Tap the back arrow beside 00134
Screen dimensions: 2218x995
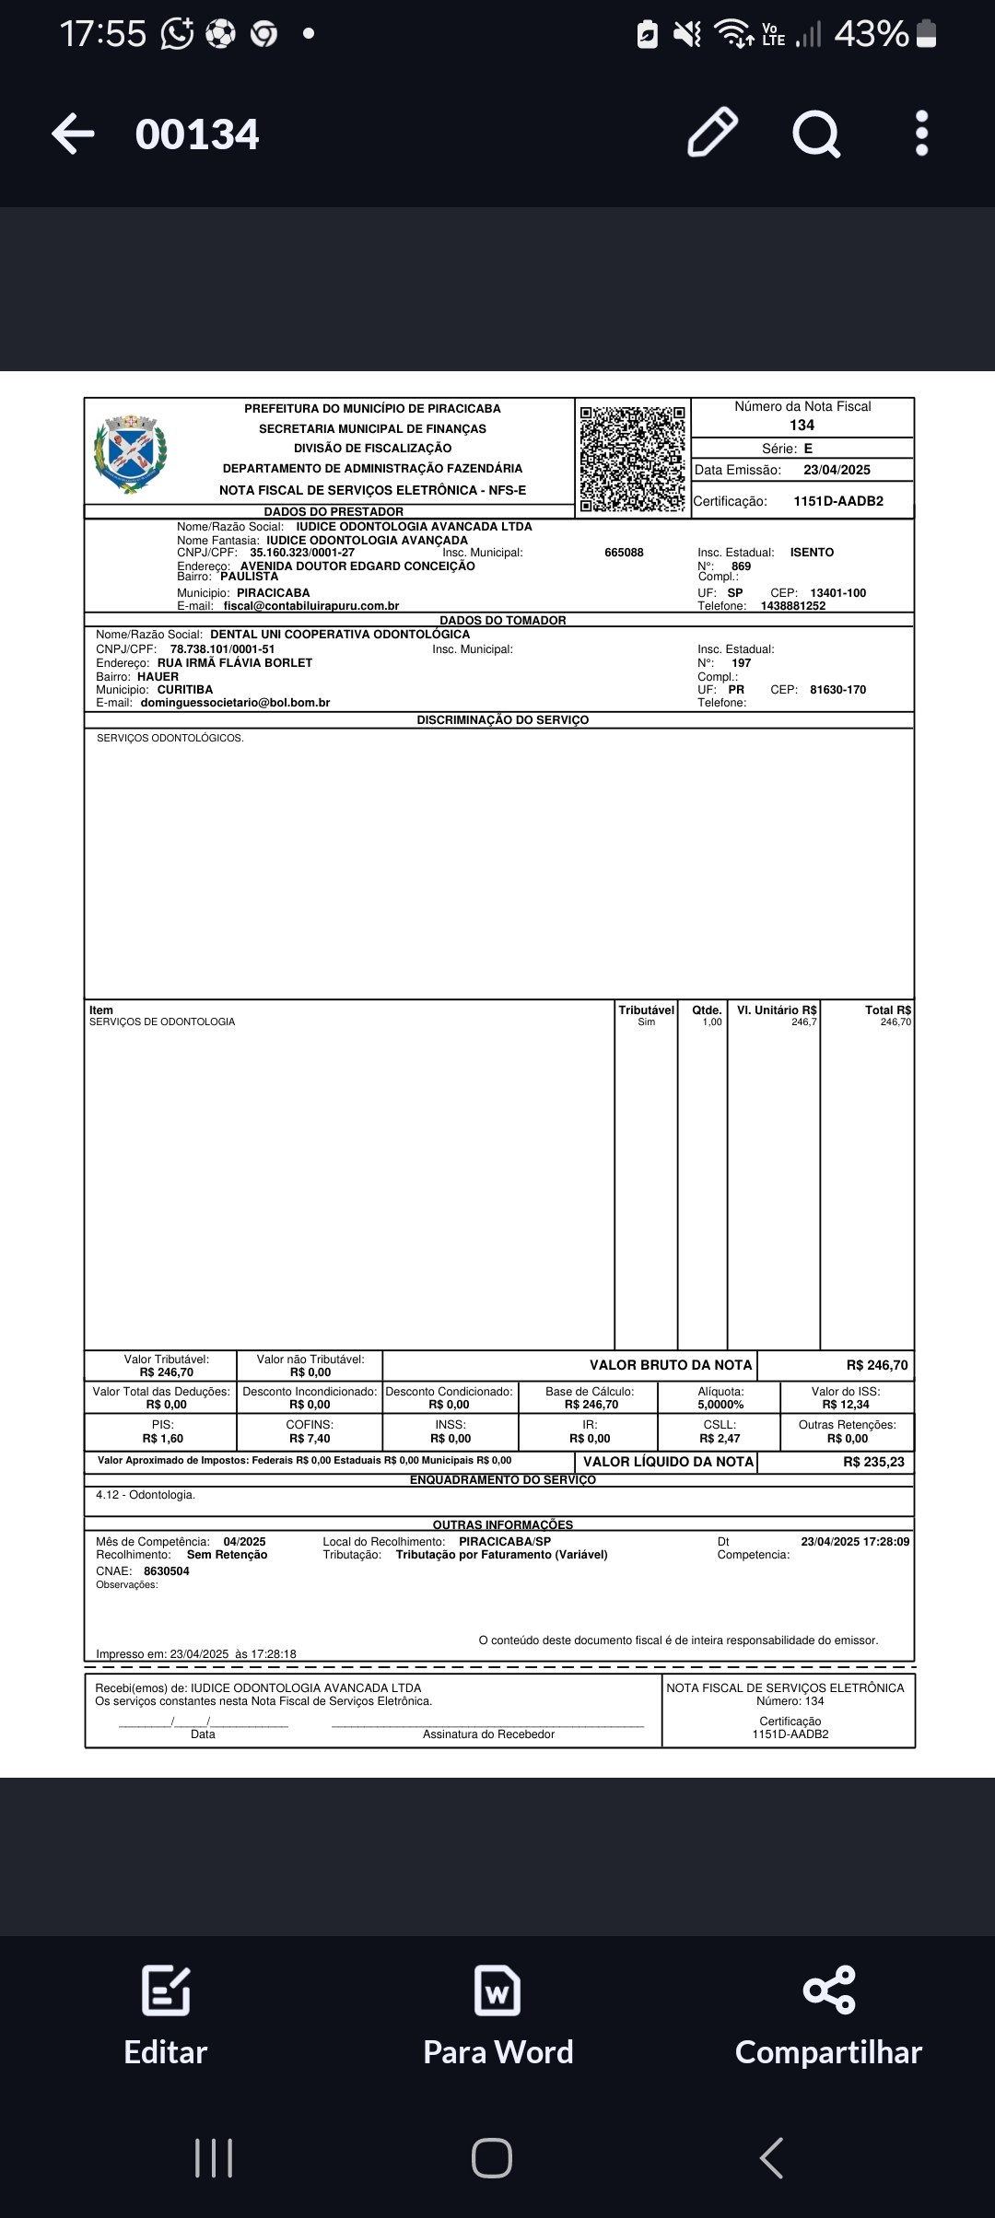click(73, 134)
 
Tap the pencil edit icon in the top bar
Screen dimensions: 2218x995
click(712, 134)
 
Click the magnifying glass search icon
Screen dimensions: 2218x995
click(816, 134)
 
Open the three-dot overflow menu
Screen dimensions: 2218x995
click(921, 134)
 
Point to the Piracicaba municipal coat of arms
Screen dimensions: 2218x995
click(130, 454)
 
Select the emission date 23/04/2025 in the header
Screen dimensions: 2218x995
click(837, 470)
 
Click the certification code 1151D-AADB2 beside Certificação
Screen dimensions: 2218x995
click(837, 501)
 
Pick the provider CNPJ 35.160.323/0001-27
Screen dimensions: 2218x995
click(302, 553)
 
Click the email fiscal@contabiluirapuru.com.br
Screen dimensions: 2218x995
click(311, 606)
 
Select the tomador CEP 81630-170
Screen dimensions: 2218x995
click(837, 690)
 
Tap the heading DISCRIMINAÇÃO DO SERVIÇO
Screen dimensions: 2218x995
click(502, 720)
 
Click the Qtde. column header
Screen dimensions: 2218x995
click(707, 1010)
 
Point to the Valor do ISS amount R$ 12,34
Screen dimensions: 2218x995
click(846, 1405)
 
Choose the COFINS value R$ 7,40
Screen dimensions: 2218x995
click(310, 1439)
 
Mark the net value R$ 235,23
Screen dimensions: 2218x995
click(873, 1462)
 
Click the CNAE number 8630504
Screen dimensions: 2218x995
click(167, 1571)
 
